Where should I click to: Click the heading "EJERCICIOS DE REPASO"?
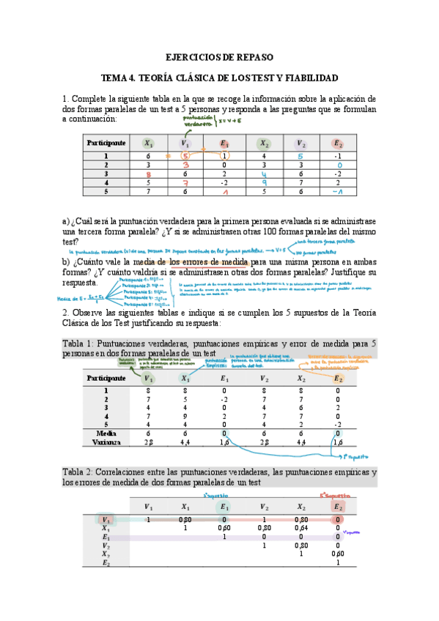coord(219,57)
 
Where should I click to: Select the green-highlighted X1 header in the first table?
coord(149,144)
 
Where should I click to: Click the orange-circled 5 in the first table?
coord(187,156)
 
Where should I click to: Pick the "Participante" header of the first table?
coord(106,144)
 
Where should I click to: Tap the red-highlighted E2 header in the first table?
coord(336,144)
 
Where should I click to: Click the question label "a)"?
coord(67,221)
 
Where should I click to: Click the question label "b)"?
coord(67,261)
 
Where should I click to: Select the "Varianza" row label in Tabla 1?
coord(106,442)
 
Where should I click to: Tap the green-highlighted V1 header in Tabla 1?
coord(149,379)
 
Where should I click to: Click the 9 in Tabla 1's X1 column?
coord(185,417)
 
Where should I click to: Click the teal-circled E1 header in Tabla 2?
coord(224,506)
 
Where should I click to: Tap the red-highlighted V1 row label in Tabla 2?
coord(106,519)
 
